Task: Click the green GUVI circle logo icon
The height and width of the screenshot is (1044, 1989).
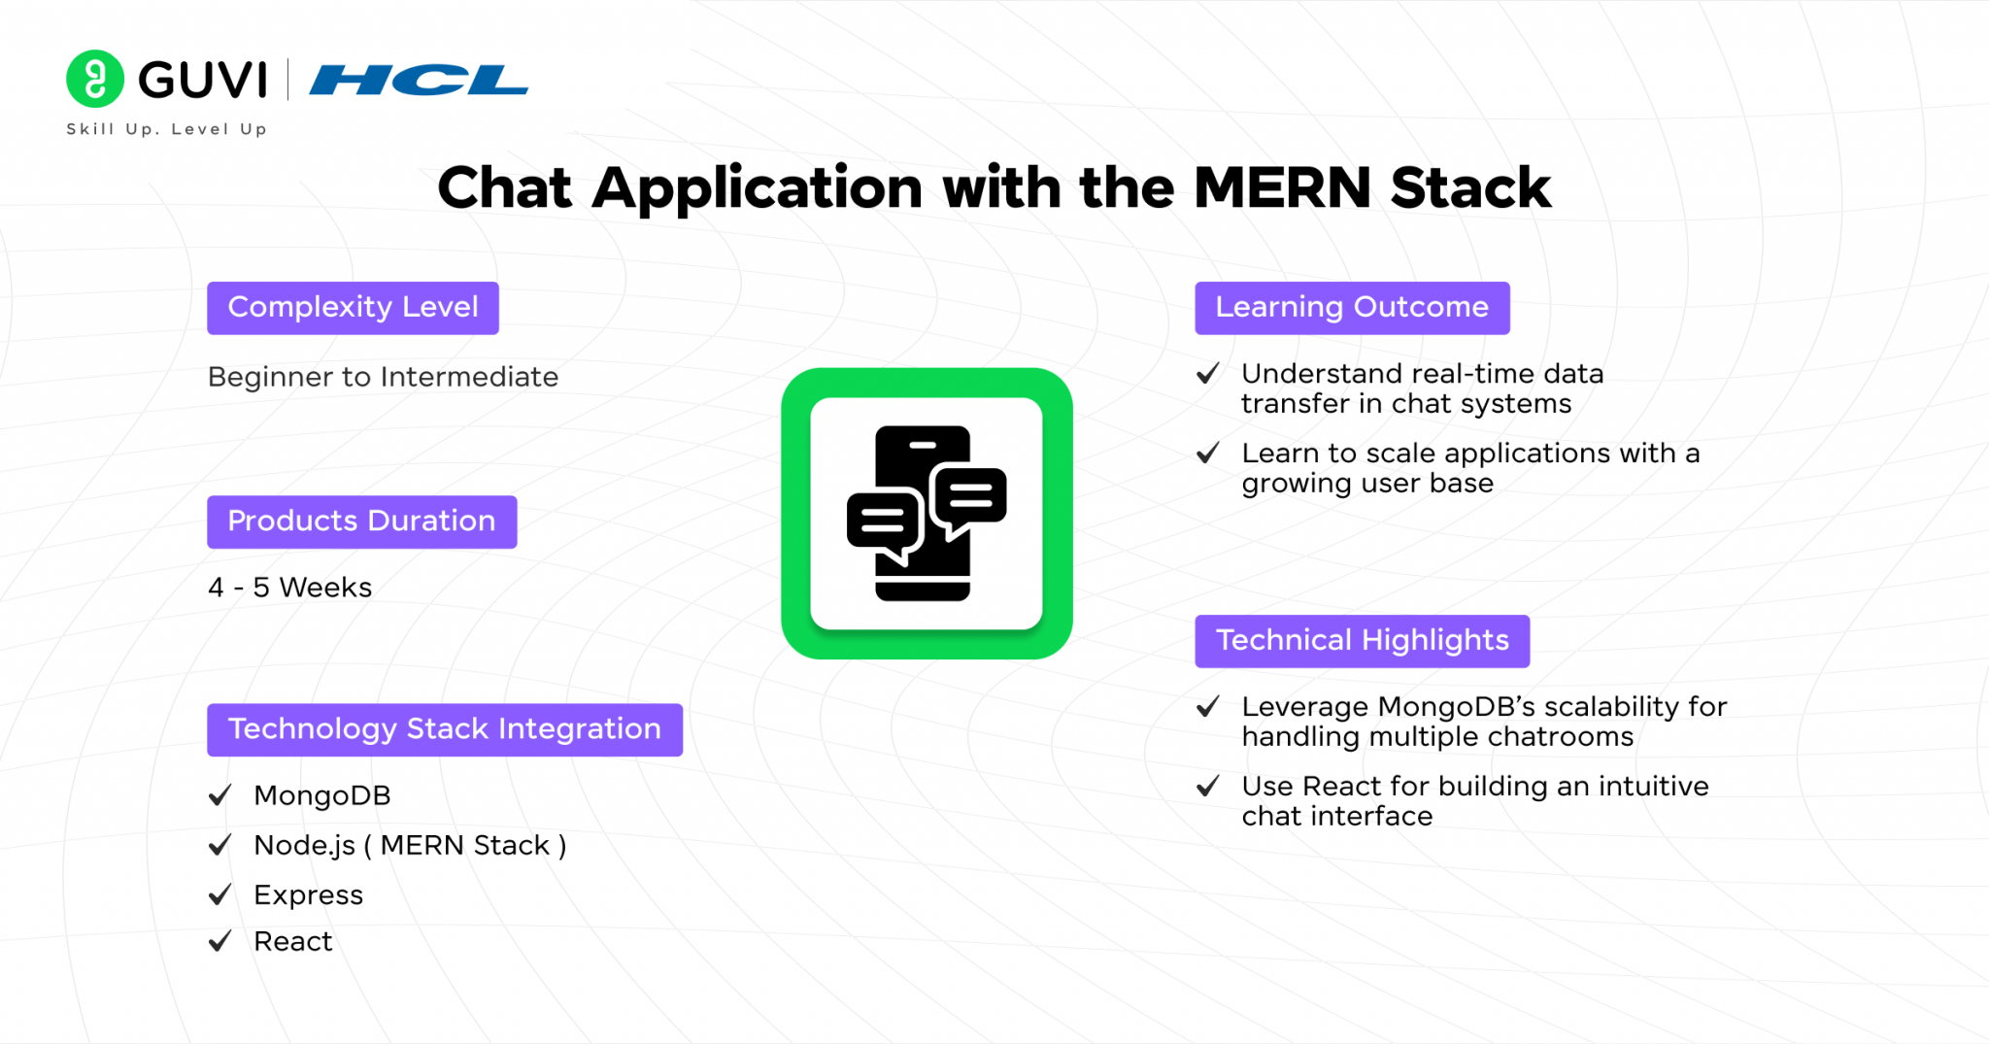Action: pos(95,79)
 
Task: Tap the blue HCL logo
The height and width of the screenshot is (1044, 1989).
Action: pos(419,80)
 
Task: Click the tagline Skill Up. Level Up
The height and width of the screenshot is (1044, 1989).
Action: pos(166,129)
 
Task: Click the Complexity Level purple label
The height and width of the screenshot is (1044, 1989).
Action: pos(353,308)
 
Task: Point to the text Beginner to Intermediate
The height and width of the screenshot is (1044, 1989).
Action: pos(383,377)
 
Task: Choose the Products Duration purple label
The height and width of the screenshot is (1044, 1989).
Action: pos(361,522)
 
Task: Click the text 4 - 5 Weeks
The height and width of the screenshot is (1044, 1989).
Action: pos(289,588)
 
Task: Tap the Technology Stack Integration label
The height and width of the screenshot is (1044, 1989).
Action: pos(445,729)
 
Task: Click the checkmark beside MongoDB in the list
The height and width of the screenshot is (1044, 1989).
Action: pos(220,795)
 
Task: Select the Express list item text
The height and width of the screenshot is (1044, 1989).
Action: pos(308,895)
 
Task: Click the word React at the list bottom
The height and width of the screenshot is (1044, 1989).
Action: pos(292,941)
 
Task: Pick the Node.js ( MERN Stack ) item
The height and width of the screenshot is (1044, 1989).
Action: pos(410,846)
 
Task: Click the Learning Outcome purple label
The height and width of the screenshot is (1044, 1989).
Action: pos(1352,308)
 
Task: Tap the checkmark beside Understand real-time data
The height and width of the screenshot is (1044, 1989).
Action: pos(1207,374)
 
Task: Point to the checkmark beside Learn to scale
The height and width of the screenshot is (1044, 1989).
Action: pos(1207,454)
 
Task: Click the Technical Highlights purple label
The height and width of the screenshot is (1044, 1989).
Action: pos(1362,641)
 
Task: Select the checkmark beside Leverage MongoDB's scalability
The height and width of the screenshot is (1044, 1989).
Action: pos(1207,707)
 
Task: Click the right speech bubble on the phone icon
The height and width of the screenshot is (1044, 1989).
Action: pos(969,498)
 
